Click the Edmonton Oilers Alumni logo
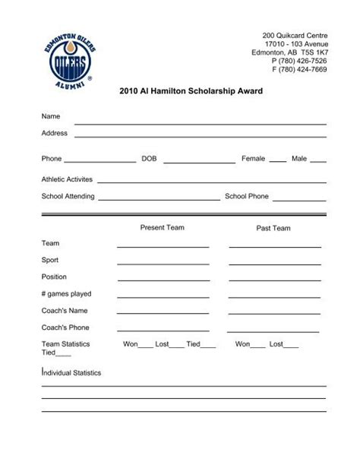tap(68, 59)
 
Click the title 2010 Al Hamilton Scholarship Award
tap(191, 90)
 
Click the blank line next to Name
tap(200, 122)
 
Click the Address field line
tap(200, 136)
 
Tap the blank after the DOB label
tap(199, 162)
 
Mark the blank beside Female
tap(277, 162)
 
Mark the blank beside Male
tap(317, 162)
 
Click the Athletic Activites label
tap(67, 179)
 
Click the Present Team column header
tap(162, 227)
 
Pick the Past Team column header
tap(273, 228)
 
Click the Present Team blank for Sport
tap(163, 264)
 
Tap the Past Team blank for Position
tap(275, 280)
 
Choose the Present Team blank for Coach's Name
tap(163, 314)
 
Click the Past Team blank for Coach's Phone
tap(275, 331)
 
